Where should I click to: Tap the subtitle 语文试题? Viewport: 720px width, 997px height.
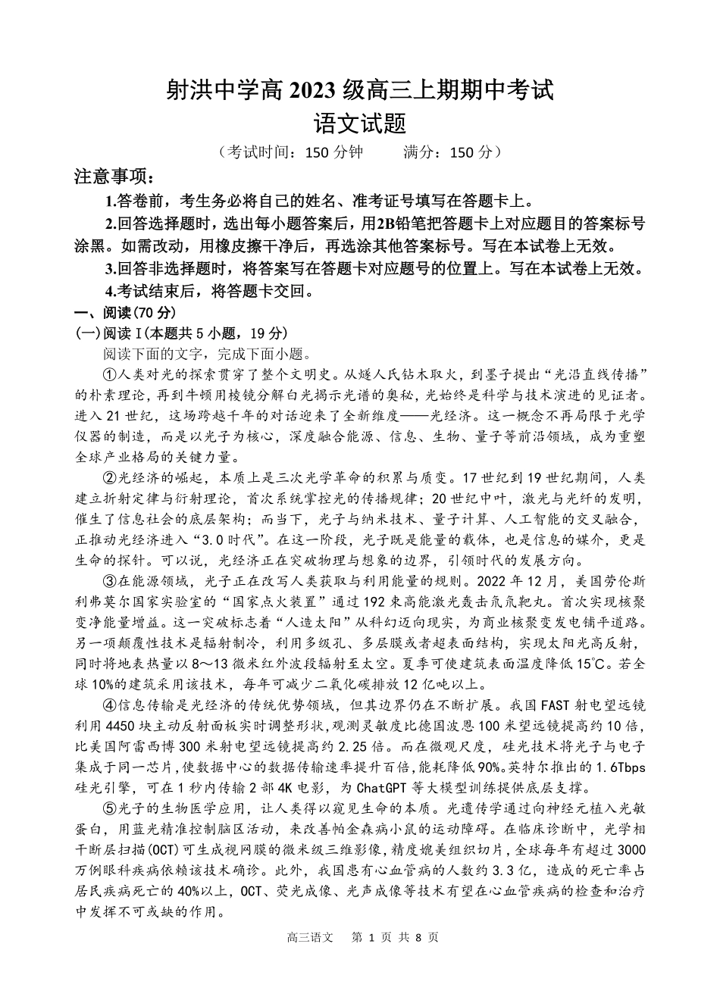coord(360,123)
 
